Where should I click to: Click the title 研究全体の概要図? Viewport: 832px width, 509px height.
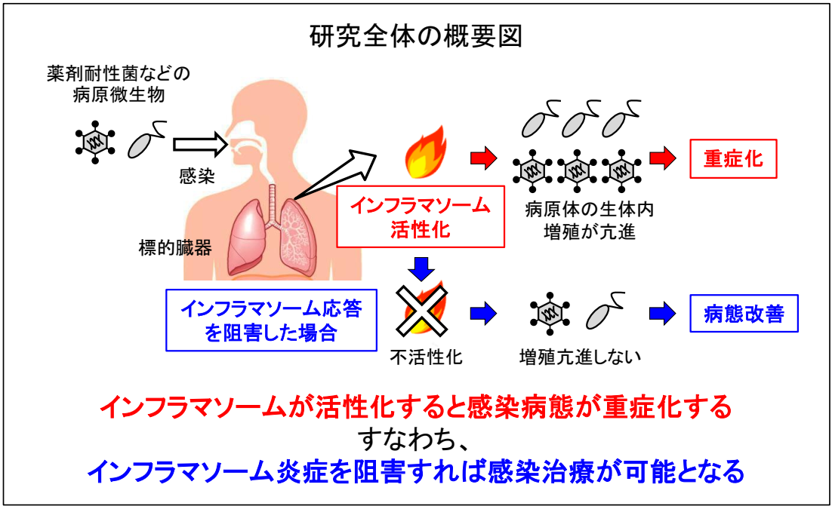[x=415, y=35]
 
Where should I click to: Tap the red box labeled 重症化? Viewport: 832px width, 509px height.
[x=733, y=159]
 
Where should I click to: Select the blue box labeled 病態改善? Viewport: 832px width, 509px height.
[x=744, y=314]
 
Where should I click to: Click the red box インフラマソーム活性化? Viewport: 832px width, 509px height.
[x=420, y=216]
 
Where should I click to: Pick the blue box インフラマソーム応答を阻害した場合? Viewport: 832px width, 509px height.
[x=271, y=320]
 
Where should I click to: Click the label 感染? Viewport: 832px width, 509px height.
[x=197, y=179]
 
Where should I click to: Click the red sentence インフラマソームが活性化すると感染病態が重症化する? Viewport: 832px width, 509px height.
[x=416, y=408]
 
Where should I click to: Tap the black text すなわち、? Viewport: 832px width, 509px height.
[x=415, y=440]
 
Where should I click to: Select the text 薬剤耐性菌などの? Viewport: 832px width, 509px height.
[x=117, y=75]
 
